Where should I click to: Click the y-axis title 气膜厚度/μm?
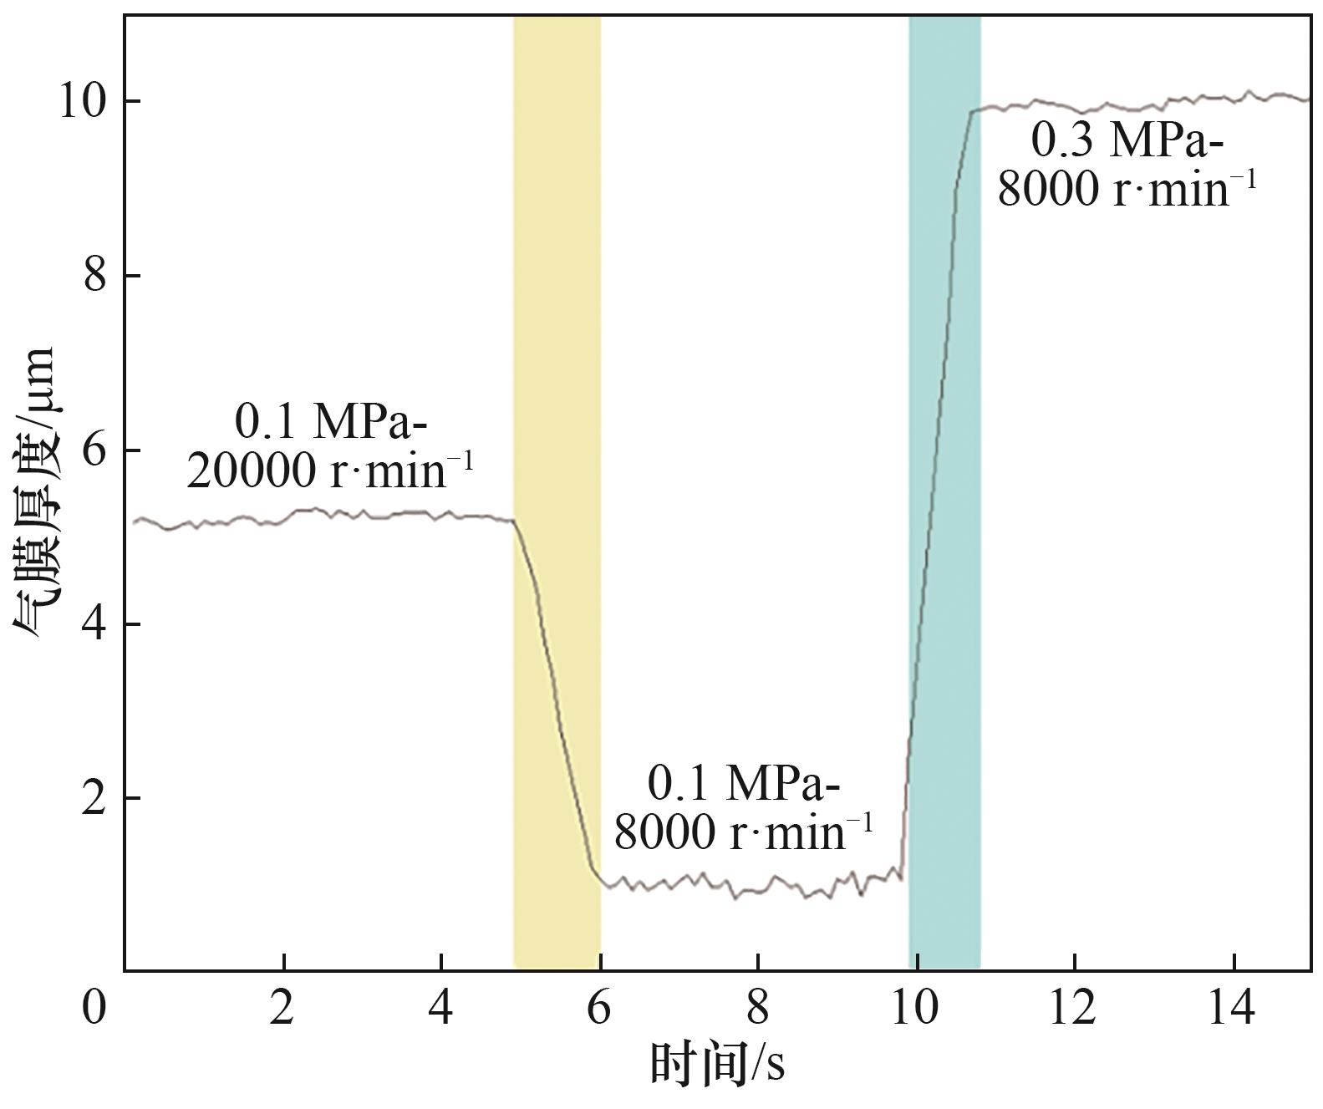point(35,493)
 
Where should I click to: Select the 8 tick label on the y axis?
point(95,277)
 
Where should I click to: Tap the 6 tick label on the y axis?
point(95,451)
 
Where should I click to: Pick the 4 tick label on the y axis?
point(95,625)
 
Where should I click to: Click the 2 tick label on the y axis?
point(95,799)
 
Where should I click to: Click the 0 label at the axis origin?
point(94,1008)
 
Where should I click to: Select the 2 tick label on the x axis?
point(283,1008)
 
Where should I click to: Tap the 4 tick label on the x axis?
point(441,1008)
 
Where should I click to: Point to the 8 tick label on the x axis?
point(757,1008)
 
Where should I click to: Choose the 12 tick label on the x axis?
point(1073,1008)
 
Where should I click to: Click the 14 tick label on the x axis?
point(1232,1008)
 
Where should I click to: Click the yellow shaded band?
point(557,334)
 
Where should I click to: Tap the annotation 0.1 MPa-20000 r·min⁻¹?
point(330,447)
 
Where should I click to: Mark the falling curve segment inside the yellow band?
point(557,710)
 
